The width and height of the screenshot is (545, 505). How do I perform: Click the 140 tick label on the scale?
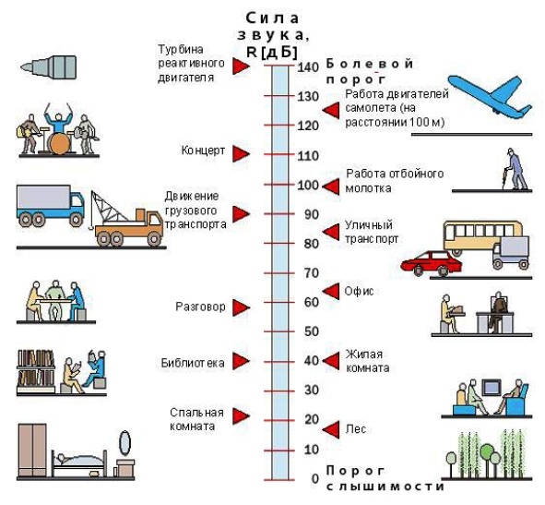click(x=308, y=66)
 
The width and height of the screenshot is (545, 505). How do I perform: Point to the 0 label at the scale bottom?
click(x=314, y=479)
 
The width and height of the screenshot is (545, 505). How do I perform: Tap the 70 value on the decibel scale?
click(x=312, y=273)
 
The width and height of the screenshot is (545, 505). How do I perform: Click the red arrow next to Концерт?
click(x=241, y=154)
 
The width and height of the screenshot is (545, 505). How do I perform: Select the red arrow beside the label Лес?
click(x=331, y=429)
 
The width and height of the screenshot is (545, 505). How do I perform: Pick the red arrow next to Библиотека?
click(x=241, y=361)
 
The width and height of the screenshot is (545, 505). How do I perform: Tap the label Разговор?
click(x=200, y=307)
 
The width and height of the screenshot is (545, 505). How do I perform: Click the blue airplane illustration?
click(x=490, y=96)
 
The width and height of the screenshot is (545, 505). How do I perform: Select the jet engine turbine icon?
click(x=49, y=67)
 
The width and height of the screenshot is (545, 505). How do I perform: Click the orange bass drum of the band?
click(x=58, y=143)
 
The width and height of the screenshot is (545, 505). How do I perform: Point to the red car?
click(x=431, y=263)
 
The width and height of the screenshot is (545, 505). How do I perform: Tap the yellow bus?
click(x=482, y=236)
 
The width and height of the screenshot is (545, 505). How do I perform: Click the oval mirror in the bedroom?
click(x=124, y=442)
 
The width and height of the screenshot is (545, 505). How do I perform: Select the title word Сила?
click(x=272, y=18)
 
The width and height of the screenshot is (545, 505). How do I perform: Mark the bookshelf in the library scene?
click(x=36, y=371)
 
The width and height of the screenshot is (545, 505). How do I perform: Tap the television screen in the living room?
click(x=491, y=388)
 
